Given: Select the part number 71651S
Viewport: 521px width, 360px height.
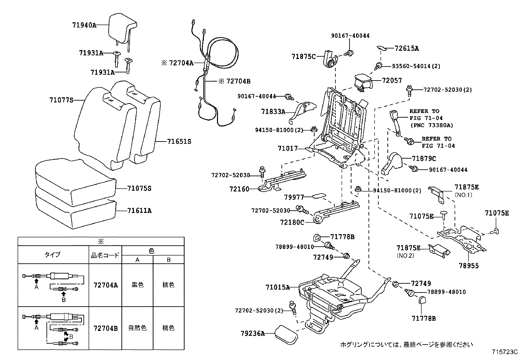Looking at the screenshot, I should (x=179, y=142).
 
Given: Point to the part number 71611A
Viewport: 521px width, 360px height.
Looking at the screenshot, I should (x=139, y=211).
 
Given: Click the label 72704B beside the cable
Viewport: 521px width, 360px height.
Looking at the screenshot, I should (x=238, y=81).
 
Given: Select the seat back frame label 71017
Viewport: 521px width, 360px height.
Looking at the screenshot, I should (x=288, y=148).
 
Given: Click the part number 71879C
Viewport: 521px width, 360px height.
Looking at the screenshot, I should (x=424, y=159).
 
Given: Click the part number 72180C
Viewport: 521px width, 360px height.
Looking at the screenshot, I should (x=292, y=222).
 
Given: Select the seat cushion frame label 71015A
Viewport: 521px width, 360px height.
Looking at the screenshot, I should (x=278, y=288).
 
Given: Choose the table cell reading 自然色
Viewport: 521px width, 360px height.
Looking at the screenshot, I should (x=137, y=328).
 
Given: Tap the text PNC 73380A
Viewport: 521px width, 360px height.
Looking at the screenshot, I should (x=432, y=125).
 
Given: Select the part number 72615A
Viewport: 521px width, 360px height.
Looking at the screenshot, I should (x=406, y=48).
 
